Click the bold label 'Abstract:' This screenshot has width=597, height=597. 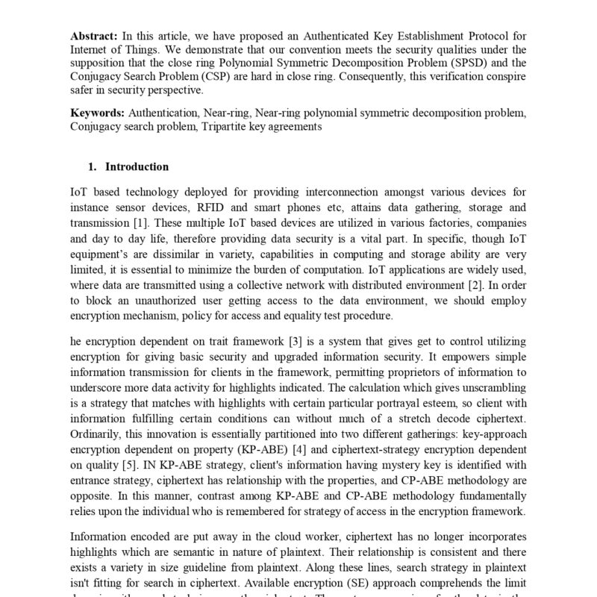[x=94, y=36]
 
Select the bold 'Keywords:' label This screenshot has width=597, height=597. [x=98, y=113]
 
